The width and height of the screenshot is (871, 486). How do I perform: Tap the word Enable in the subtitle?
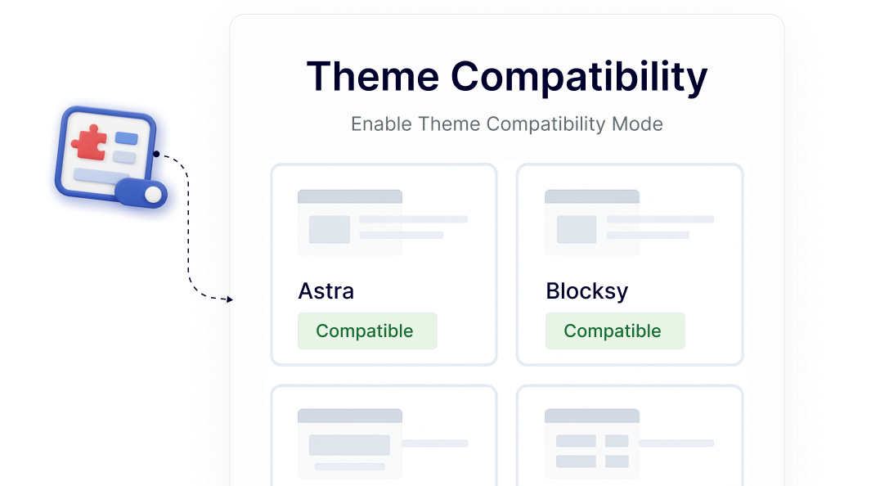(x=382, y=124)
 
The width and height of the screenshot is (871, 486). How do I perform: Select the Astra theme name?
(x=326, y=291)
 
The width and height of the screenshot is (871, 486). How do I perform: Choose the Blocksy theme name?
(x=586, y=291)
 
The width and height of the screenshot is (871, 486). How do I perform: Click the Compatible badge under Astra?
(x=366, y=331)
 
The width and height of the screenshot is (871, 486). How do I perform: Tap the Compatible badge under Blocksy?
(x=614, y=331)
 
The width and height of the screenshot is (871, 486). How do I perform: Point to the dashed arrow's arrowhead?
(x=230, y=300)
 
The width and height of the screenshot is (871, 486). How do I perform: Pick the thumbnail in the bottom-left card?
(x=349, y=443)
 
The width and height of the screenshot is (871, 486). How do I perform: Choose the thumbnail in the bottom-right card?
(x=592, y=443)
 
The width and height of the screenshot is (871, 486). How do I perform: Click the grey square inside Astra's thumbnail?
(x=330, y=230)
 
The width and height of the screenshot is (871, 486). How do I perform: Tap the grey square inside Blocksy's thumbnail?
(x=577, y=230)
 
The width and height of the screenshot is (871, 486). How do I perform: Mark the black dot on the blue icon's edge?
(x=156, y=153)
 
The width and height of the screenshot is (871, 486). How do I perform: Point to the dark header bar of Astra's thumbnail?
(x=349, y=196)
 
